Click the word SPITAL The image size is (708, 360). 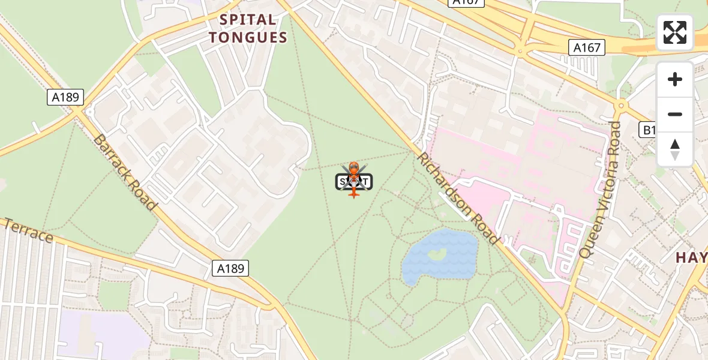pos(248,20)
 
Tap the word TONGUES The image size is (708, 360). pos(248,38)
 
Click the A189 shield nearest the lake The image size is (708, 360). pos(230,268)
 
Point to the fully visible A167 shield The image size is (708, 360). pos(586,47)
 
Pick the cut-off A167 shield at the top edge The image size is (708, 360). pos(466,2)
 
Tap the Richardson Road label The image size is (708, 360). pos(458,198)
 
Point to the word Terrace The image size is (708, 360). pos(27,230)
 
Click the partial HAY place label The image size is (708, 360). pos(691,258)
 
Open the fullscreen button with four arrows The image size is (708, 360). pos(675,32)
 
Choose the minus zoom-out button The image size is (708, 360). pos(675,114)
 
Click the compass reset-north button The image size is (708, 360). pos(675,149)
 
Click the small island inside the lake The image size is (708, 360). pos(437,254)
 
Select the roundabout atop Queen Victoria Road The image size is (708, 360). pos(620,106)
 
